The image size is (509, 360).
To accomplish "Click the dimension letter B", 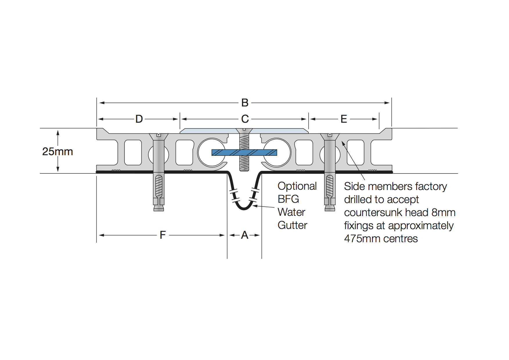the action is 245,103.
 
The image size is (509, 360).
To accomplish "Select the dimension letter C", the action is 245,119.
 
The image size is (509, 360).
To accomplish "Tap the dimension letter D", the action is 139,119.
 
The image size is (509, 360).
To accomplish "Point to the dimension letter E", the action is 344,119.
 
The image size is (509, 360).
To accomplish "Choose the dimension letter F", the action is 163,235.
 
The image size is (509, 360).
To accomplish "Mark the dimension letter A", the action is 245,235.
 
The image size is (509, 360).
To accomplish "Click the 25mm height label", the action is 57,151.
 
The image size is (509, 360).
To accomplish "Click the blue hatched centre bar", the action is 244,153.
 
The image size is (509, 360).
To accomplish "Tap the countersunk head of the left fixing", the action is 158,137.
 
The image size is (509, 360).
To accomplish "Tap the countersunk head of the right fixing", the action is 330,137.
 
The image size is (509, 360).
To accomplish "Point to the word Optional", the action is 297,186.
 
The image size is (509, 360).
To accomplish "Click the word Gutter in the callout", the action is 293,225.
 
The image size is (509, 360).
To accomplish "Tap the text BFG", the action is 288,199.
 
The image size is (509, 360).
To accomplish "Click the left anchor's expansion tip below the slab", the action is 159,207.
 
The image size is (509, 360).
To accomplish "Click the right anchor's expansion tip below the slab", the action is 330,207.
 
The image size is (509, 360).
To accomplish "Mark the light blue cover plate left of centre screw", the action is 208,131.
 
